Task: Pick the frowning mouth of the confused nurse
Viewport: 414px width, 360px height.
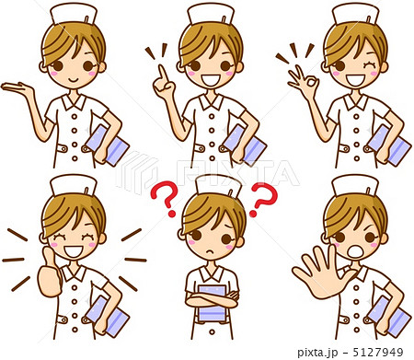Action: (209, 251)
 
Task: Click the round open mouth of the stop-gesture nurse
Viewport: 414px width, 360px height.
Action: (355, 251)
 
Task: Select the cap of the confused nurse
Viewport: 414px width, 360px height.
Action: (218, 187)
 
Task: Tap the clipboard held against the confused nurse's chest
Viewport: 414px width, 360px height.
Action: (213, 303)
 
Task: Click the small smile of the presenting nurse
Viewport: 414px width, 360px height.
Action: (74, 80)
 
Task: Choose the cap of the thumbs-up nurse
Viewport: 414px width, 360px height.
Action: (74, 185)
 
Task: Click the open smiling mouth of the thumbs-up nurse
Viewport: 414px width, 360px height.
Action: (74, 251)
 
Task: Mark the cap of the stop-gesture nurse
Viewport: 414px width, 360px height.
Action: (355, 186)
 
